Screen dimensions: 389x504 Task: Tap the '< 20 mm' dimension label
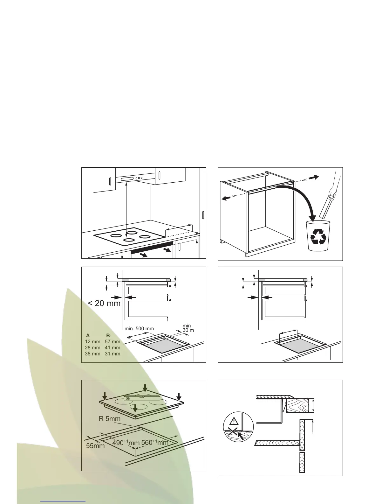tap(104, 303)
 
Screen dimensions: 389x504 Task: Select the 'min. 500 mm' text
tap(139, 329)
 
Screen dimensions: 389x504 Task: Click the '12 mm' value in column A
tap(92, 341)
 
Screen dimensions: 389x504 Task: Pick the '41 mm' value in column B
tap(113, 347)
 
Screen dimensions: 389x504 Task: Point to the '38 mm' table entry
tap(92, 353)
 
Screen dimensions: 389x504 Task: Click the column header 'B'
tap(108, 335)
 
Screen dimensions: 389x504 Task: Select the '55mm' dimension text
tap(95, 446)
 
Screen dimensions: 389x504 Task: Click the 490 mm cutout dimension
tap(126, 443)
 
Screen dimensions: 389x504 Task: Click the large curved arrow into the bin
tap(302, 200)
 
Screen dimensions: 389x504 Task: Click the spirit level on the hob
tap(142, 398)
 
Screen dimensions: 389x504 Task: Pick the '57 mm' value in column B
tap(113, 341)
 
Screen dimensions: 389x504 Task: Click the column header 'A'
tap(88, 335)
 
